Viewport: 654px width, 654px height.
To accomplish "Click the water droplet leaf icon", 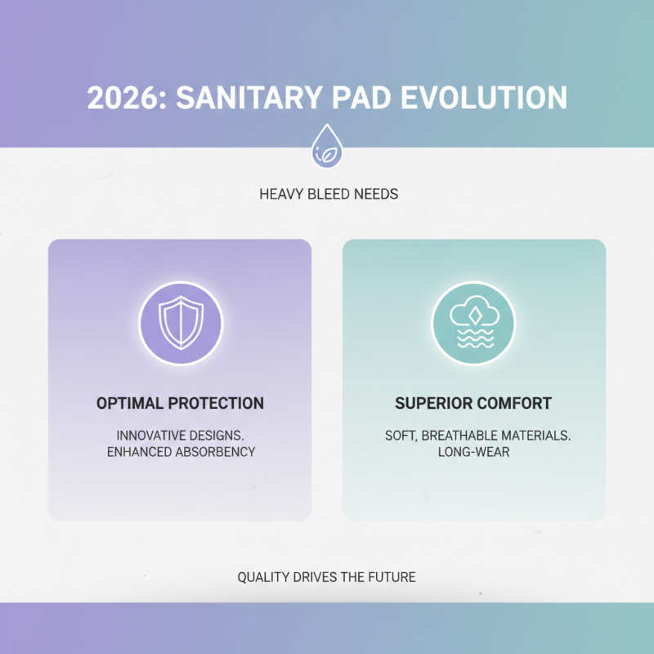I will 327,147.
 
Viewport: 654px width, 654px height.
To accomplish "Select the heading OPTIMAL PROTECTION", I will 180,403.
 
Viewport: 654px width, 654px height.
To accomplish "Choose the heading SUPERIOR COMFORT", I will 473,403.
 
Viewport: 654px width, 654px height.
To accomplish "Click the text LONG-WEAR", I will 473,451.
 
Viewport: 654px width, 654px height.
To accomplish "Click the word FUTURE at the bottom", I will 392,577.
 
